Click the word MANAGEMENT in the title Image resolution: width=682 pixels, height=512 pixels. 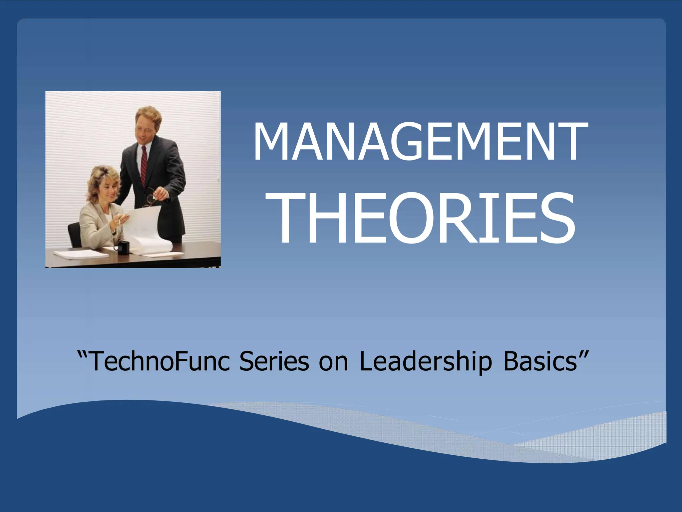(x=420, y=142)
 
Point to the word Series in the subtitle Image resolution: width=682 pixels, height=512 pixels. (x=274, y=361)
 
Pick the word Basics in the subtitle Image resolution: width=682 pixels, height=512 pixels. (x=539, y=361)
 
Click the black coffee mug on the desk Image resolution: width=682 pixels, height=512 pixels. (x=122, y=248)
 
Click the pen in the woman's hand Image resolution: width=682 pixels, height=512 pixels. (x=119, y=222)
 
